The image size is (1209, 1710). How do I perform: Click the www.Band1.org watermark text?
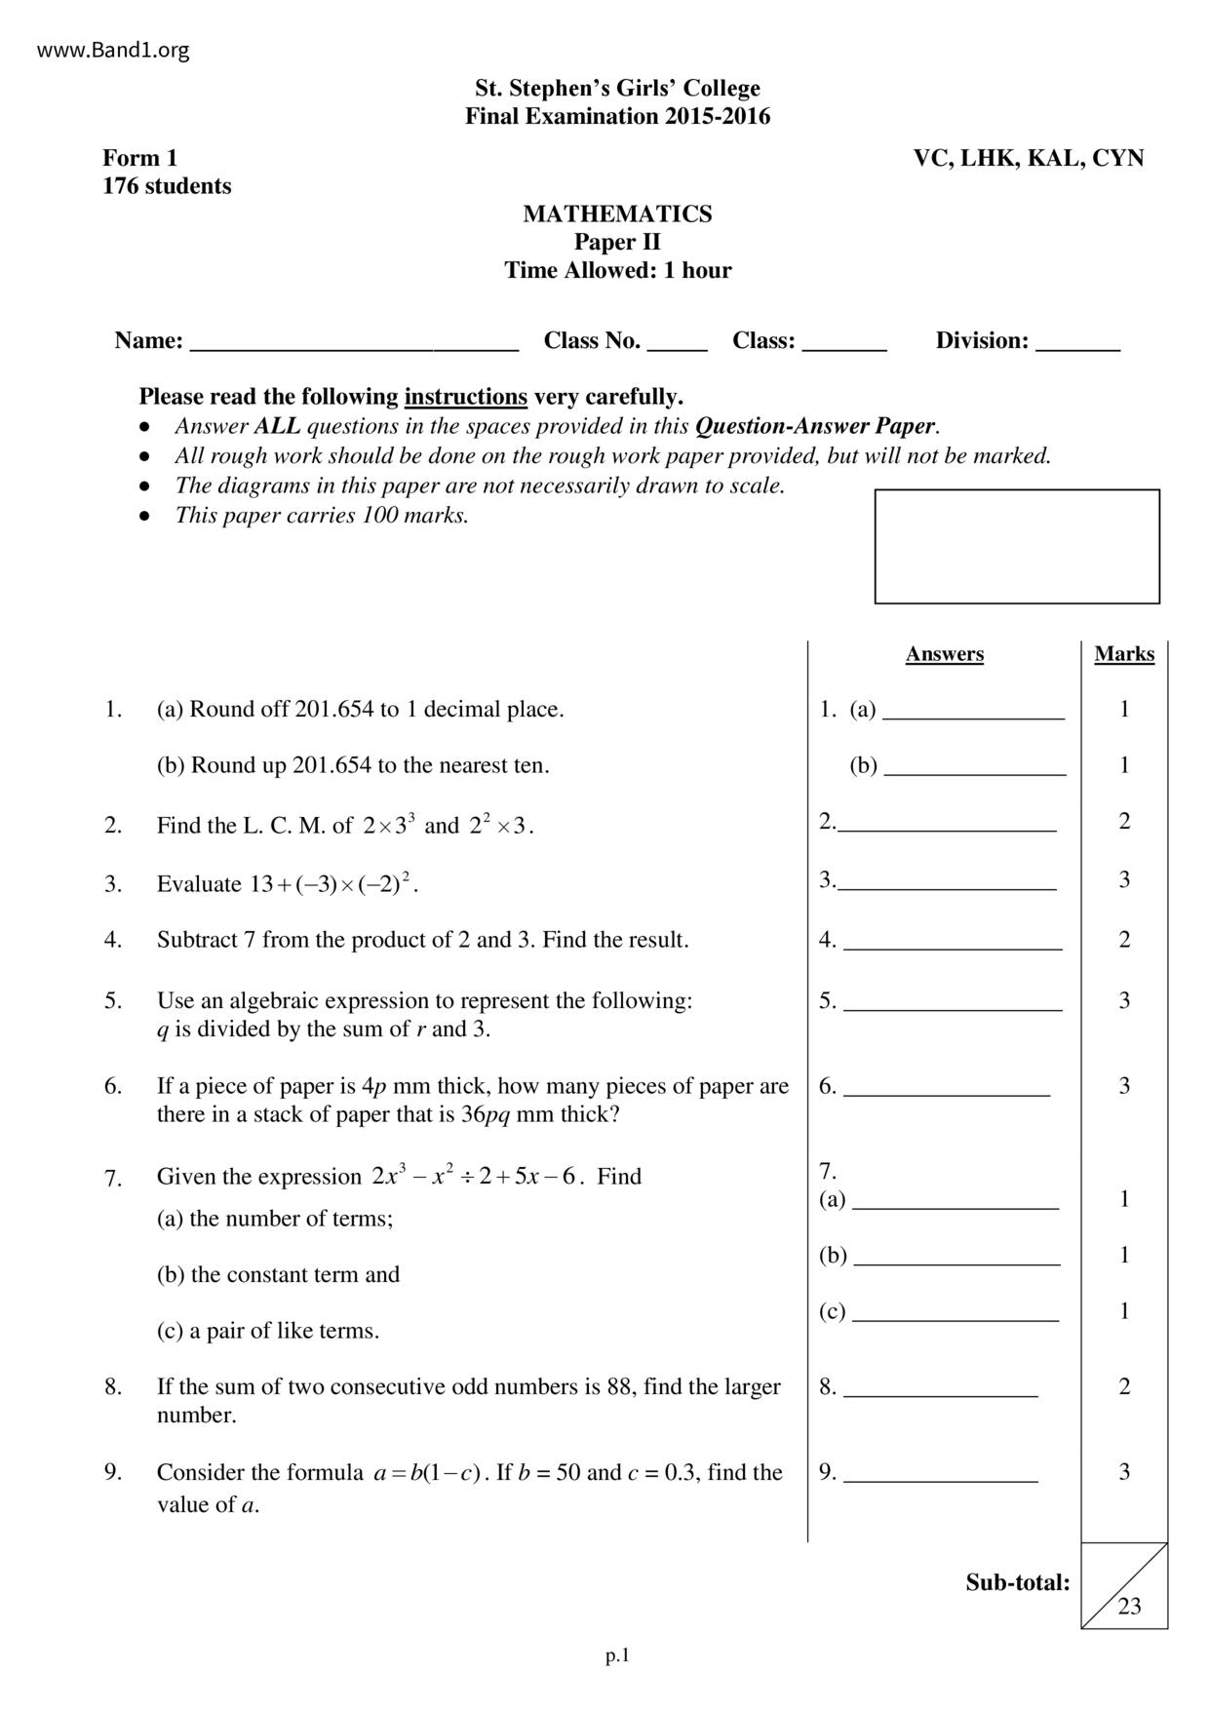[x=113, y=50]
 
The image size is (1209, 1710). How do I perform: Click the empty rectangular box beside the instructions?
[x=1016, y=546]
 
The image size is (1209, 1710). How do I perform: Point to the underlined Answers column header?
[x=944, y=654]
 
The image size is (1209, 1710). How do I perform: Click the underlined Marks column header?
[x=1123, y=654]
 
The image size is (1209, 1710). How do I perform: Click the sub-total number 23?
[x=1129, y=1607]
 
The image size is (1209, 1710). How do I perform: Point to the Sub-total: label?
[x=1017, y=1582]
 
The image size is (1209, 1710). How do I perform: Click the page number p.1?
[x=617, y=1655]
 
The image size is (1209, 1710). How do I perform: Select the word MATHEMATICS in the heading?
[x=617, y=214]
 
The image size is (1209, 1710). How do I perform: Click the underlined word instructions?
[x=465, y=397]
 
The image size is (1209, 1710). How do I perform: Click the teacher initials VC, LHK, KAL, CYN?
[x=1028, y=158]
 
